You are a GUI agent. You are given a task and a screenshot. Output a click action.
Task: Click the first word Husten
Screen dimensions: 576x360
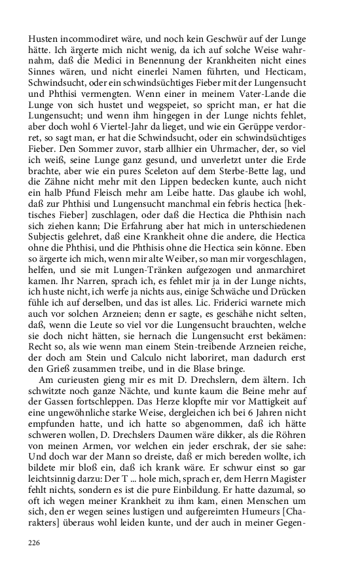tap(42, 29)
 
